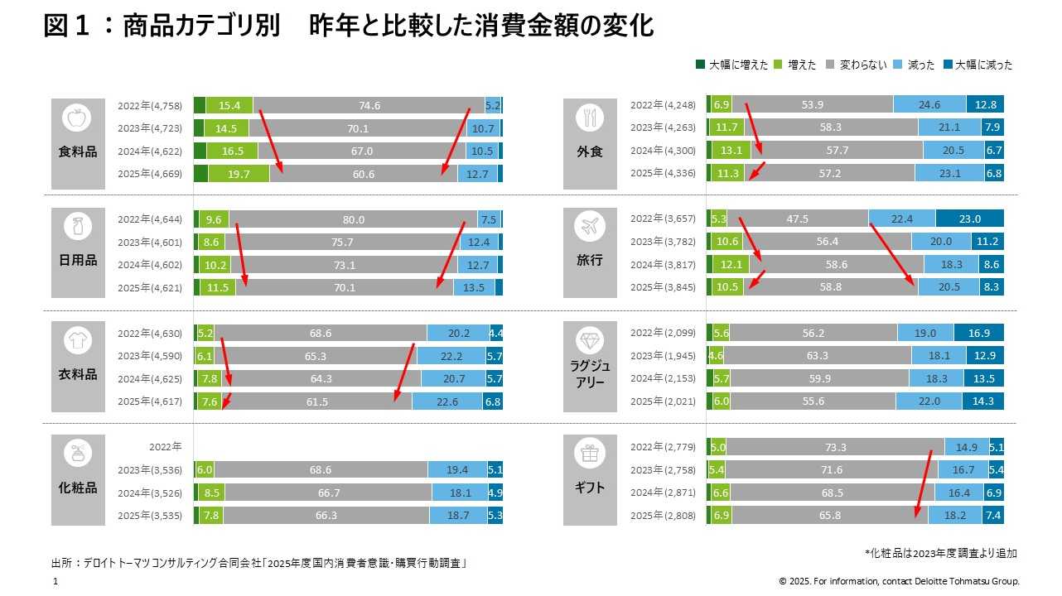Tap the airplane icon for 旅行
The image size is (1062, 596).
590,226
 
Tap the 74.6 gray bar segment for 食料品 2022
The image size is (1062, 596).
369,105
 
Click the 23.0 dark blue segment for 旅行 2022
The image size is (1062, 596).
969,219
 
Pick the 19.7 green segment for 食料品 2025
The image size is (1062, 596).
239,174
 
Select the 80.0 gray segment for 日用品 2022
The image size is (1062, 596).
353,219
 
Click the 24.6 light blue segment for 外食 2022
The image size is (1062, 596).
929,105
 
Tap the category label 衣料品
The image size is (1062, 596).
78,375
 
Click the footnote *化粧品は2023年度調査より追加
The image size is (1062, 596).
941,553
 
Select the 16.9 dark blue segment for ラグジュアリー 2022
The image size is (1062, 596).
978,333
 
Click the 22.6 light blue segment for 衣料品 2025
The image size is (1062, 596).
447,401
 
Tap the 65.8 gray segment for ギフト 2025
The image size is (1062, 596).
829,515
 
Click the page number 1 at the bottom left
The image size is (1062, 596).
55,582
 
